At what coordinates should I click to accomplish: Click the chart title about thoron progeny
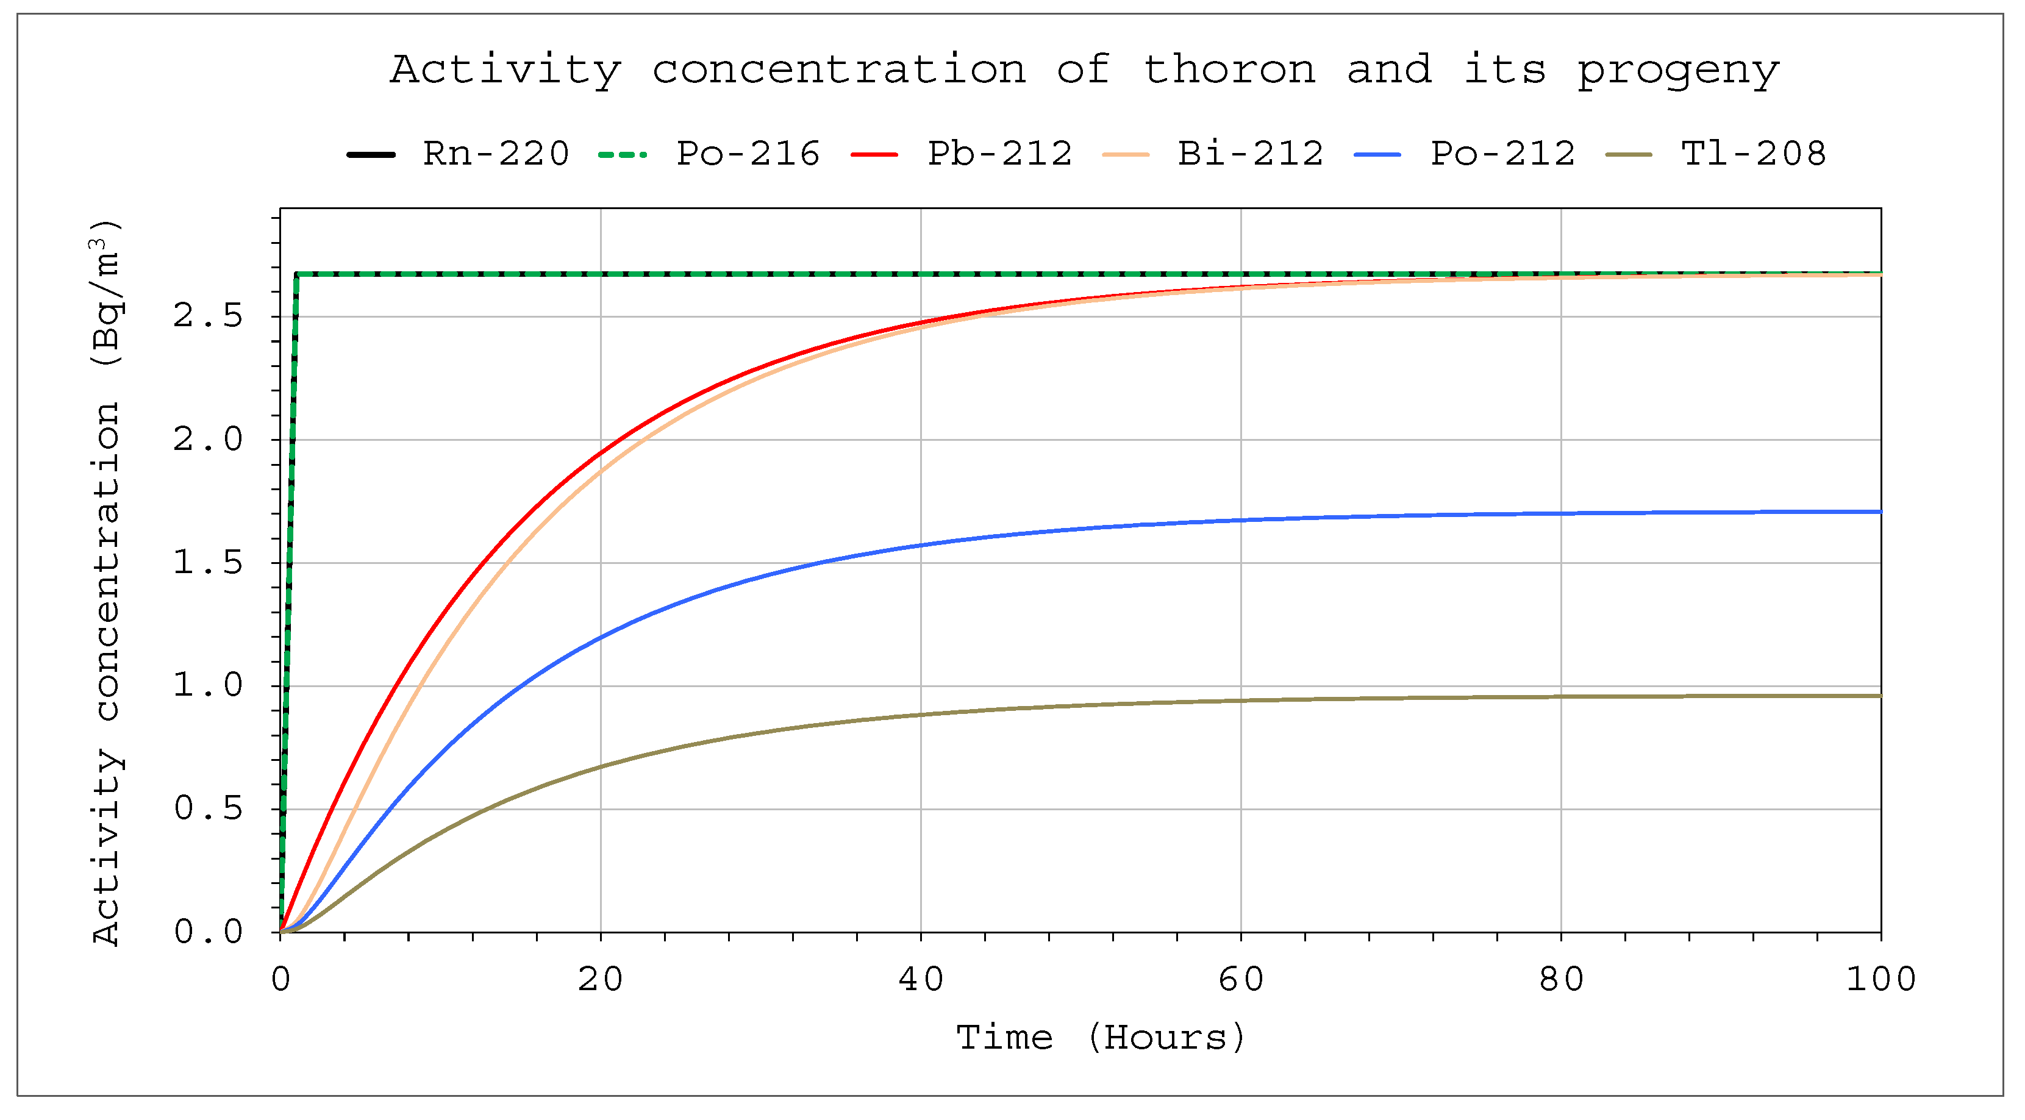click(x=1084, y=70)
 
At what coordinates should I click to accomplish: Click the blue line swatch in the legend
click(x=1377, y=155)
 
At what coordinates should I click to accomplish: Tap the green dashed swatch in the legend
click(x=623, y=155)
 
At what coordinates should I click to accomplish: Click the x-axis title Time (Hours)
click(x=1101, y=1038)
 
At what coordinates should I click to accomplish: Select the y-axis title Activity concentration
click(x=106, y=582)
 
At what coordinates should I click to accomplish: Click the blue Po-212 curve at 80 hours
click(x=1561, y=514)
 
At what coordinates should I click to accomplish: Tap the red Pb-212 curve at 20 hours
click(x=601, y=454)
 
